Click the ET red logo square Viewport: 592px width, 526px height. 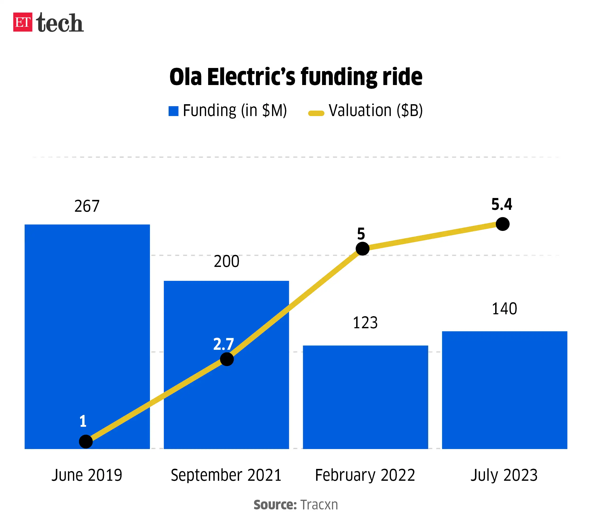coord(22,22)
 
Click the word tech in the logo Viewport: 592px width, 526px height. coord(60,22)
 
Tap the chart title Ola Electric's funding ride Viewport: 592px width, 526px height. coord(296,77)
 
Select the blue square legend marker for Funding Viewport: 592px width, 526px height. coord(173,111)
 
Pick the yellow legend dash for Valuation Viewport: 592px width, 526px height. coord(316,113)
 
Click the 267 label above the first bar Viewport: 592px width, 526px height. coord(87,206)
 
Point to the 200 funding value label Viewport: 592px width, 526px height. coord(226,261)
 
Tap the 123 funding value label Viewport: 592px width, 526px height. coord(365,323)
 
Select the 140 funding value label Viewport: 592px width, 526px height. coord(504,309)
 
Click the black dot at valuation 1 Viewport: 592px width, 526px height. coord(86,442)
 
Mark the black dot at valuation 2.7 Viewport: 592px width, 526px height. coord(227,359)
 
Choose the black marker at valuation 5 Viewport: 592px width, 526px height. coord(362,248)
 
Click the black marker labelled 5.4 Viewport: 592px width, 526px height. coord(502,224)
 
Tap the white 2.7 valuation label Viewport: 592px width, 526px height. coord(223,344)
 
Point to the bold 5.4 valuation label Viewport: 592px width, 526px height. coord(502,204)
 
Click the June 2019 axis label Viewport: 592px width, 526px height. coord(87,475)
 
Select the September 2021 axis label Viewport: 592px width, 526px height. coord(226,475)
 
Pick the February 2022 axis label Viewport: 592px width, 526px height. coord(365,475)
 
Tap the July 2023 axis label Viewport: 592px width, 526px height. coord(504,475)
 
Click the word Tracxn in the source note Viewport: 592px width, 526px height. coord(319,504)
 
